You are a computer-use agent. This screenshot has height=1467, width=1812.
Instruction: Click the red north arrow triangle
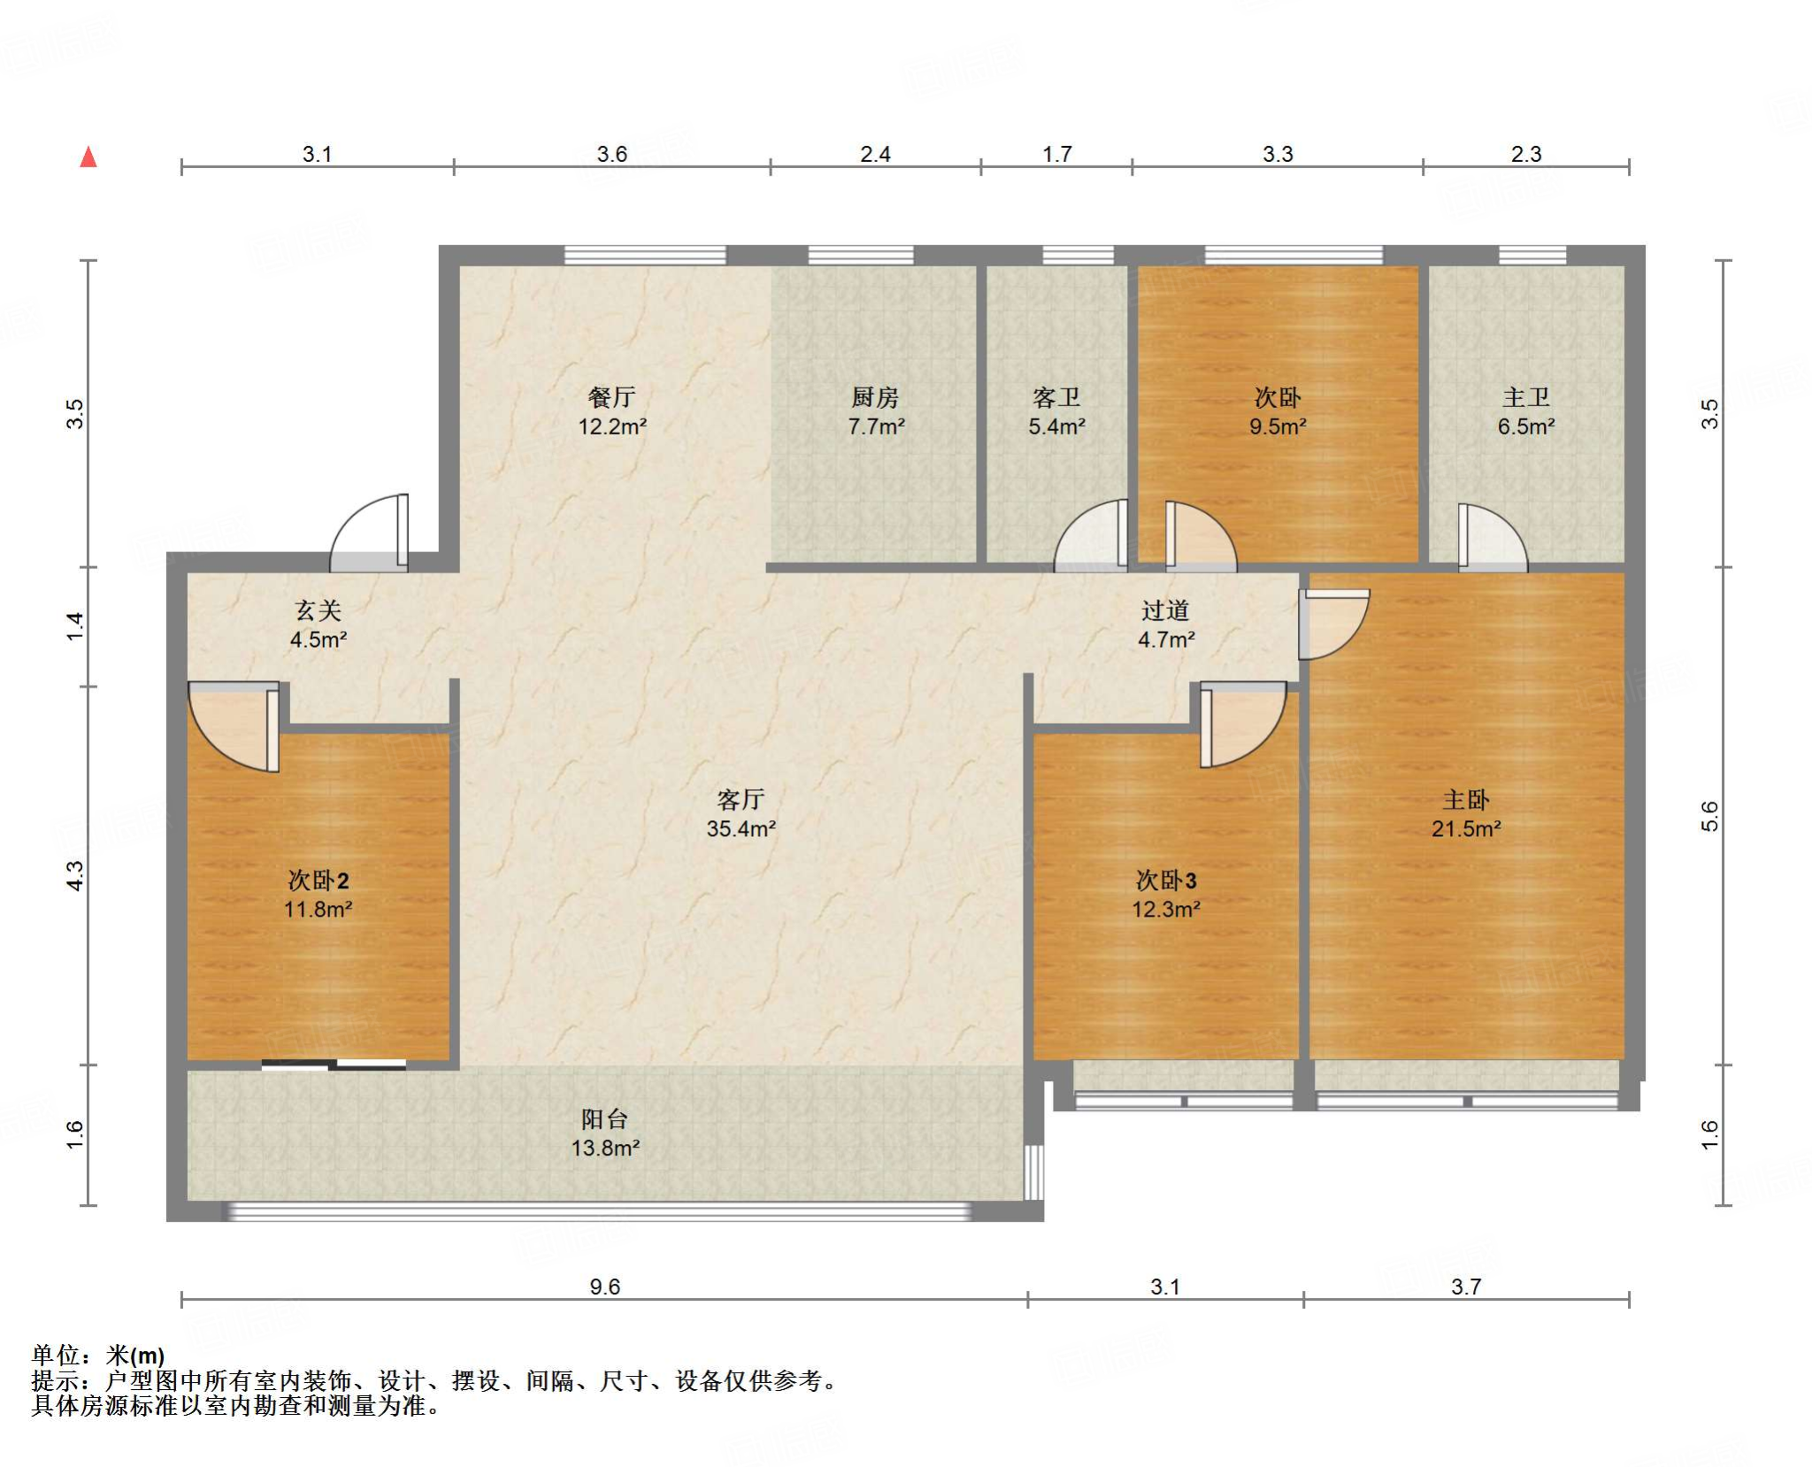pos(88,157)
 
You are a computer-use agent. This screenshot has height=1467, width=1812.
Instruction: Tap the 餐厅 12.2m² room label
pos(612,411)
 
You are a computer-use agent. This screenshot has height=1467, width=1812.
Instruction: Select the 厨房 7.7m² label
pos(876,411)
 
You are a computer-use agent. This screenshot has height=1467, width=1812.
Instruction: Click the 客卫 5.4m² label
pos(1056,411)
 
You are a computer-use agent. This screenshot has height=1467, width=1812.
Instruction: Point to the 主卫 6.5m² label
pos(1526,411)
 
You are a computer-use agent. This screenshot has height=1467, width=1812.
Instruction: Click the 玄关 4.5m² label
pos(319,624)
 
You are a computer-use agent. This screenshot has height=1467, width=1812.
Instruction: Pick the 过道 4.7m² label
pos(1166,624)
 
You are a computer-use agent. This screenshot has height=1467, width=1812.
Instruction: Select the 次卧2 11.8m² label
pos(319,894)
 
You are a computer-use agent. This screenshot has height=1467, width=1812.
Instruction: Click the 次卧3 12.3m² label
pos(1166,894)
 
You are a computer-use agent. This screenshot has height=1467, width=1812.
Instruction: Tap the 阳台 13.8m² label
pos(605,1133)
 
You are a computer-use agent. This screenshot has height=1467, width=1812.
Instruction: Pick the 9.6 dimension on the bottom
pos(605,1287)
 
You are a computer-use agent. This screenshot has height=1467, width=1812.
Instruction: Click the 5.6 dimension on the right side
pos(1709,816)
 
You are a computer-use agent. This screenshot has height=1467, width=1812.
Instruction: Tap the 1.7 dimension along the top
pos(1056,154)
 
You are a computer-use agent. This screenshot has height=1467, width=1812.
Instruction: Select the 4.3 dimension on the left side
pos(76,875)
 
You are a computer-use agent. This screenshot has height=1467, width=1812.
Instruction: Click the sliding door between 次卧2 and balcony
pos(334,1065)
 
